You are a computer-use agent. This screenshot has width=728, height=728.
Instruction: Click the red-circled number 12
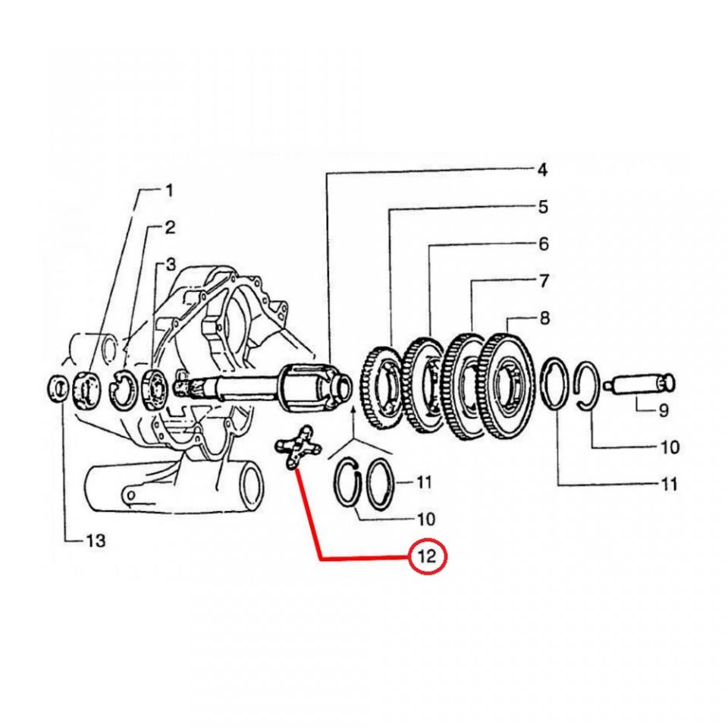tap(428, 557)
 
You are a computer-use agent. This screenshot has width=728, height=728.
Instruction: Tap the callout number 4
tap(541, 170)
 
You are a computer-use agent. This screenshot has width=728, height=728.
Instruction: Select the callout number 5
tap(543, 206)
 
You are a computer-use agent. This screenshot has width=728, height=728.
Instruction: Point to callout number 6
tap(543, 243)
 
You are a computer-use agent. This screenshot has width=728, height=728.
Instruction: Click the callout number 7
tap(543, 281)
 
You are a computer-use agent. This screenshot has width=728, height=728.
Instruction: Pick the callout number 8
tap(544, 318)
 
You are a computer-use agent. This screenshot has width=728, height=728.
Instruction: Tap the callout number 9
tap(663, 410)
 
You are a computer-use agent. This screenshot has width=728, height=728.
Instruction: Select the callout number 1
tap(169, 190)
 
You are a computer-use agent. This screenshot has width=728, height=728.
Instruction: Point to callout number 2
tap(170, 227)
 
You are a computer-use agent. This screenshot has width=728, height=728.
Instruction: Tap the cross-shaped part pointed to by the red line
tap(295, 448)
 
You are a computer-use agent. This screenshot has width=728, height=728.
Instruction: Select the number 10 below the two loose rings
tap(426, 519)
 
